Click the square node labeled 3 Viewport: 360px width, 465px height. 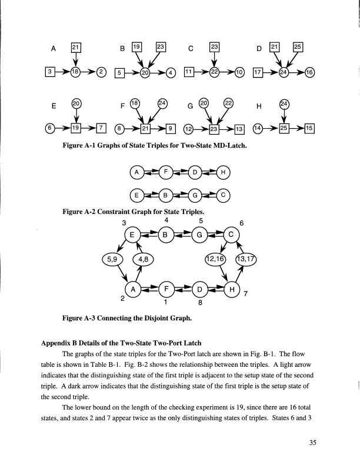pyautogui.click(x=51, y=72)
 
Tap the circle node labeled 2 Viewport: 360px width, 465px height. pyautogui.click(x=101, y=72)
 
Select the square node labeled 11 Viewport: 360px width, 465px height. pyautogui.click(x=189, y=72)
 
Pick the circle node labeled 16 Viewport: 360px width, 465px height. pyautogui.click(x=311, y=72)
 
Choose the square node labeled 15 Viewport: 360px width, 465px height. pyautogui.click(x=311, y=128)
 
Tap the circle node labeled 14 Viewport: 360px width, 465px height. pyautogui.click(x=257, y=128)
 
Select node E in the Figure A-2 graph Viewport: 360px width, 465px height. pyautogui.click(x=137, y=195)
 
